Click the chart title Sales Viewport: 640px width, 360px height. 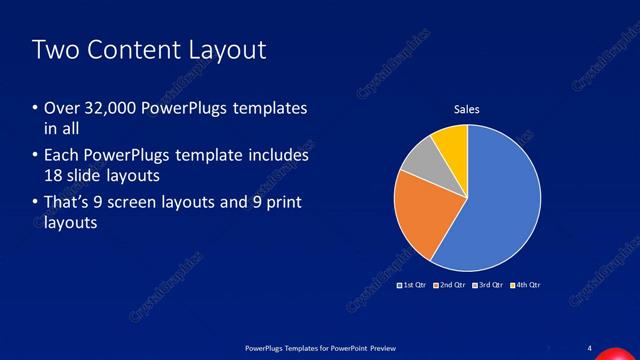468,108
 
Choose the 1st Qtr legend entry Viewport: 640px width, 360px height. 412,285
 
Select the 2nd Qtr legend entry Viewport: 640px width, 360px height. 450,285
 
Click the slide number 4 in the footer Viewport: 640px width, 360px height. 590,347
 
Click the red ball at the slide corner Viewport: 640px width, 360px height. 612,355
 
